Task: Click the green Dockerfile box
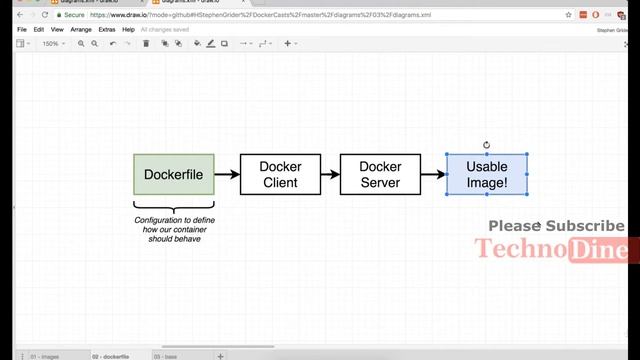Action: click(x=173, y=174)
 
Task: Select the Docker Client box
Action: click(x=280, y=174)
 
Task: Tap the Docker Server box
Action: click(x=379, y=174)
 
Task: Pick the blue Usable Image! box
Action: click(x=487, y=174)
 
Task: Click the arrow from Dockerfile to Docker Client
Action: click(x=227, y=174)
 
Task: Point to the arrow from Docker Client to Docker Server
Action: click(x=328, y=174)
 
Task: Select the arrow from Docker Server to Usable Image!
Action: click(x=432, y=174)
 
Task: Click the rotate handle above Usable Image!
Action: click(x=487, y=145)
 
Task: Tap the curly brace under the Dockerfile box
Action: click(x=173, y=207)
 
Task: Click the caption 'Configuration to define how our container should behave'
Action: click(x=174, y=229)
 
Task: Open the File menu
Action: click(x=22, y=30)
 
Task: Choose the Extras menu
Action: click(x=106, y=30)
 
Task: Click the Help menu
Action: click(x=128, y=30)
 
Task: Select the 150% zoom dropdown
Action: click(x=52, y=44)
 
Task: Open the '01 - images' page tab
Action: click(x=46, y=355)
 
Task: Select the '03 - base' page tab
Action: click(x=165, y=355)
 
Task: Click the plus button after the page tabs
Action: click(x=221, y=355)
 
